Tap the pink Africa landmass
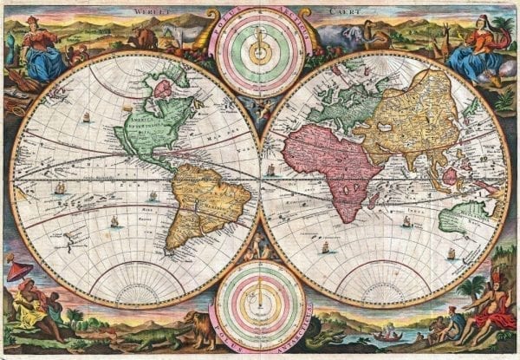(321, 160)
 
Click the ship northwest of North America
(85, 115)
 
